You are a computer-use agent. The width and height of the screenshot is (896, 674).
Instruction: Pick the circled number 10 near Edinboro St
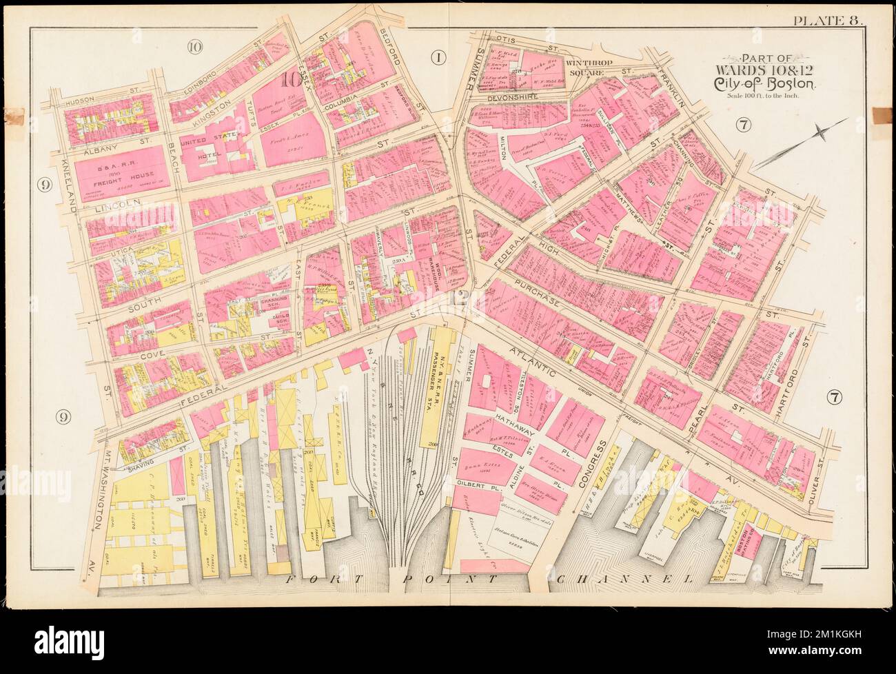[194, 48]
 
